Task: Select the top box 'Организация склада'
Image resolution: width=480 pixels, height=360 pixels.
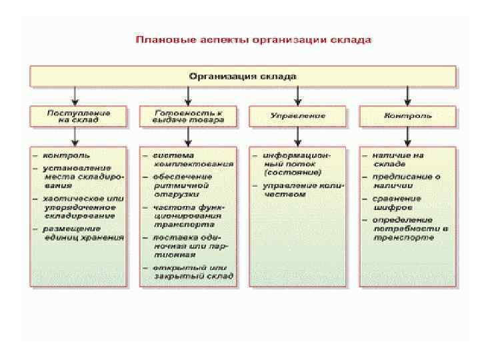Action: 243,76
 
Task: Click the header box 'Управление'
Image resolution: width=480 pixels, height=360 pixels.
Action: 298,116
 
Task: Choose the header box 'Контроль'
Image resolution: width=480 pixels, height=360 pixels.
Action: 407,116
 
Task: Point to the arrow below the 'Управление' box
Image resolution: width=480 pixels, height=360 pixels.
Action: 298,136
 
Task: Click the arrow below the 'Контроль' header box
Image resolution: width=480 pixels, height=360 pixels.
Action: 407,136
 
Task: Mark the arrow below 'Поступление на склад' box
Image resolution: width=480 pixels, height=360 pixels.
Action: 77,136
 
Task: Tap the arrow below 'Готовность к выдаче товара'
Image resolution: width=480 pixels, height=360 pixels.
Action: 189,136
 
